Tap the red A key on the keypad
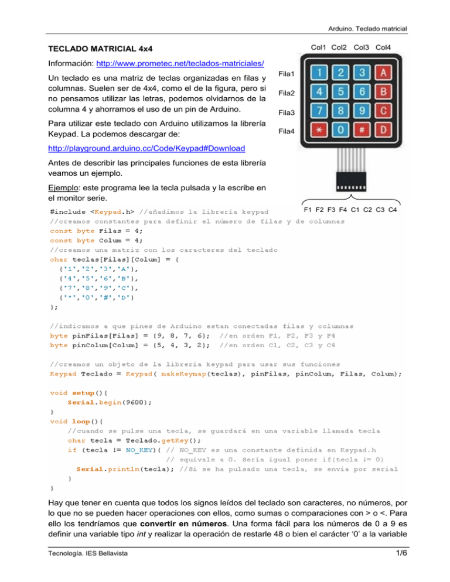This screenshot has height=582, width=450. [x=383, y=73]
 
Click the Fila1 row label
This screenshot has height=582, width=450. [x=287, y=74]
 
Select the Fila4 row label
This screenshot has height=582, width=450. [x=287, y=131]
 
